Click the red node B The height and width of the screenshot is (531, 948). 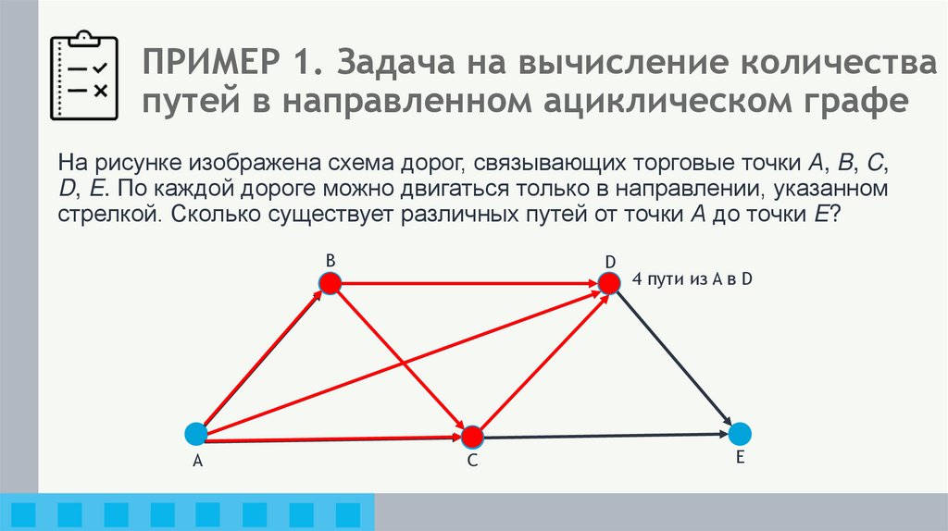click(331, 283)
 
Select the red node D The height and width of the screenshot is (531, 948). click(608, 283)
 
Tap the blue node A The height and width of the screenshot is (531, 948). click(195, 433)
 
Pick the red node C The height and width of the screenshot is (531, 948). click(472, 437)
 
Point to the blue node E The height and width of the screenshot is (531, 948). click(739, 433)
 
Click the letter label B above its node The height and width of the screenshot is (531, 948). click(330, 260)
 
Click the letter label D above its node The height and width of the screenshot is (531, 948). click(611, 261)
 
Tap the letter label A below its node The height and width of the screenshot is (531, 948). click(196, 464)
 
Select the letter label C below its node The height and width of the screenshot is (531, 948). click(471, 463)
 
